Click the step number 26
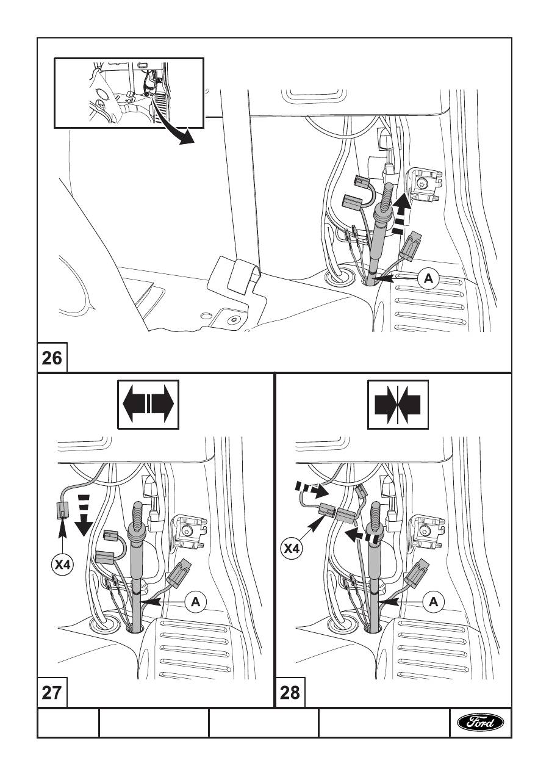[x=52, y=357]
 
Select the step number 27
[x=52, y=693]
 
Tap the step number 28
[x=290, y=693]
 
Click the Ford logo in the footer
[x=481, y=723]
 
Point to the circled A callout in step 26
[x=428, y=278]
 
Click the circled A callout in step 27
[x=196, y=601]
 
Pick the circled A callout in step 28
[x=434, y=601]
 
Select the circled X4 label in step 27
[x=62, y=565]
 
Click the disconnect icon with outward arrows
[x=148, y=403]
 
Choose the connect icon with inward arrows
[x=398, y=403]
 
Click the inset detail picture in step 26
[x=129, y=92]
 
